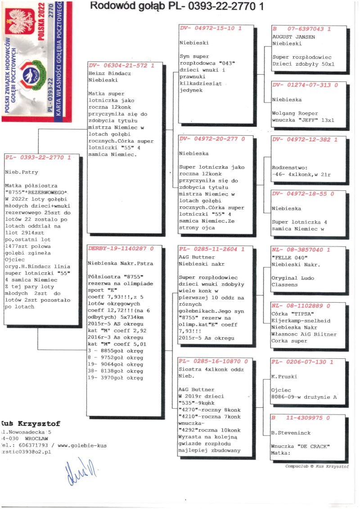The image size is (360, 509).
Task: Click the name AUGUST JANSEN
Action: (x=294, y=36)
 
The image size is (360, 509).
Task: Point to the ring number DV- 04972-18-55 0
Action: (x=303, y=194)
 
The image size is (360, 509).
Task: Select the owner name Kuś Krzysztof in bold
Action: (x=31, y=424)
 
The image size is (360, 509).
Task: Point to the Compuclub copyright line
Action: (x=316, y=466)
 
